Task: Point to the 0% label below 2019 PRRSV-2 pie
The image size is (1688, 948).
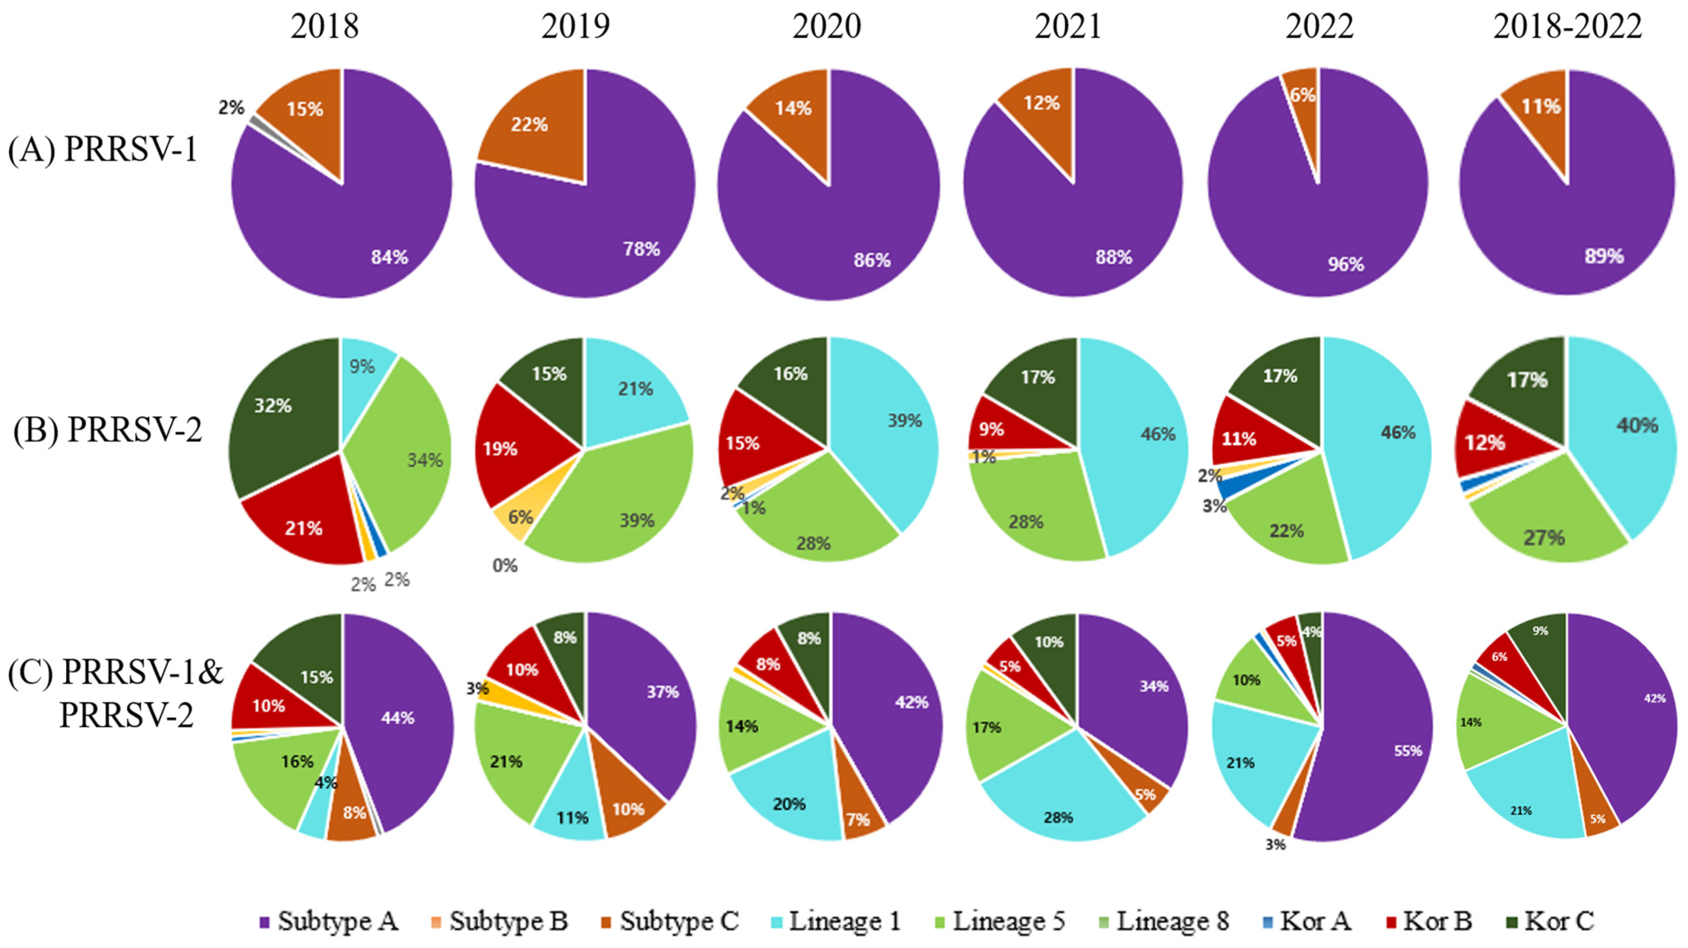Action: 505,565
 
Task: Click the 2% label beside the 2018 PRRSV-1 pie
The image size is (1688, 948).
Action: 230,107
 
